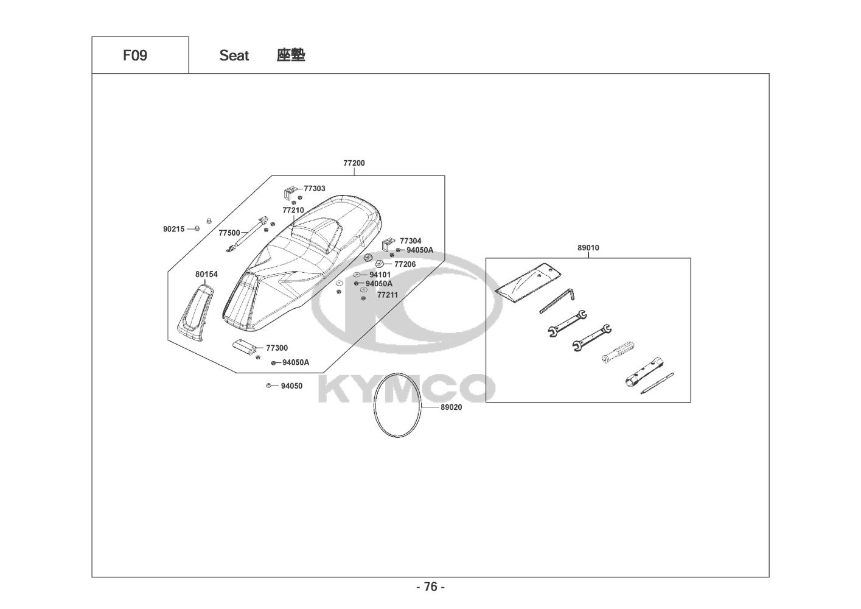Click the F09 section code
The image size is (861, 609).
(x=135, y=55)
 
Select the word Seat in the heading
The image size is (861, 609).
(x=234, y=56)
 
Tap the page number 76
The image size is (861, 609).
(x=431, y=586)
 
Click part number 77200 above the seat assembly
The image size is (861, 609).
(x=354, y=163)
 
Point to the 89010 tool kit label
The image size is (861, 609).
(x=588, y=248)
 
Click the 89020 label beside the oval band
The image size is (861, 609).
(x=451, y=407)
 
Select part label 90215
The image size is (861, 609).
(x=174, y=229)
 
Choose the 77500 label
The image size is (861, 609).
(x=229, y=233)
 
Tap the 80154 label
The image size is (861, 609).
(x=206, y=274)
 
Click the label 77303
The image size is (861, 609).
(x=315, y=189)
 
